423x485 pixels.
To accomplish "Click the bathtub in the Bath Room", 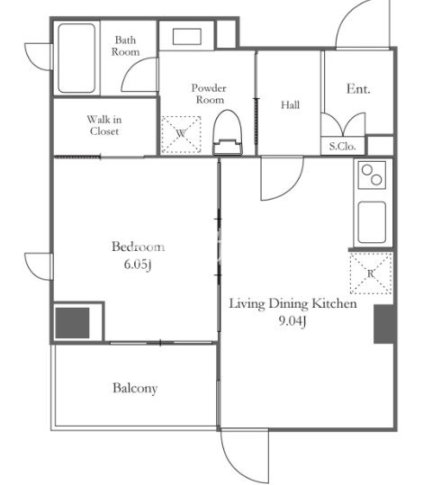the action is [x=76, y=58].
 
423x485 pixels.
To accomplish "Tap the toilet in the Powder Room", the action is [x=228, y=132].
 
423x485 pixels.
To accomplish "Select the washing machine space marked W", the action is [x=181, y=135].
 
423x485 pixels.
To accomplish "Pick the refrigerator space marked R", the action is [x=371, y=274].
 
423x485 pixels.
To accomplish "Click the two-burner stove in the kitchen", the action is [x=372, y=175].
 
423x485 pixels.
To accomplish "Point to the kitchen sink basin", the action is [x=372, y=222].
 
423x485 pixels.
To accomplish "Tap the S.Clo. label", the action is [x=342, y=147].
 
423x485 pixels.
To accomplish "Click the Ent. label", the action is [x=358, y=89].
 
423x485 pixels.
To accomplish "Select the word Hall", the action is [x=291, y=105].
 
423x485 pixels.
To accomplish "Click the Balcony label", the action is [x=135, y=388].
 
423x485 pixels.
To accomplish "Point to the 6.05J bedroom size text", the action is [x=138, y=265].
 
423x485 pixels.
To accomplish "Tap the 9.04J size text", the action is [x=292, y=322].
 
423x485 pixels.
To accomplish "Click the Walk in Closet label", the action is [x=104, y=125].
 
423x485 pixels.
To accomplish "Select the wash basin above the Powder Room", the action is [x=187, y=37].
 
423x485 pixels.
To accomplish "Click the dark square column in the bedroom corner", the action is [x=72, y=323].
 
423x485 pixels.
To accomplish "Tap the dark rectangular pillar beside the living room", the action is [x=384, y=324].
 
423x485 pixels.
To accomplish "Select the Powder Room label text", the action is [x=209, y=94].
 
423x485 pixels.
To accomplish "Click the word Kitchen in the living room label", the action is [x=334, y=303].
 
